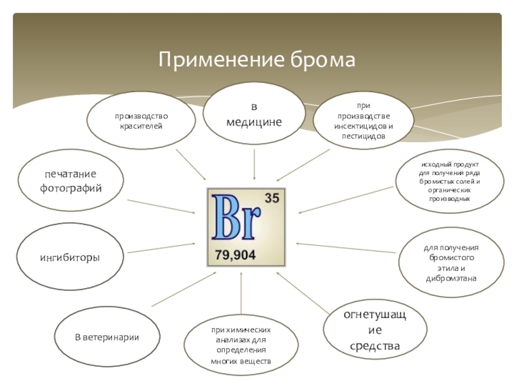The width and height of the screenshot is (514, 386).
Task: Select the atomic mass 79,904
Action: coord(235,255)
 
